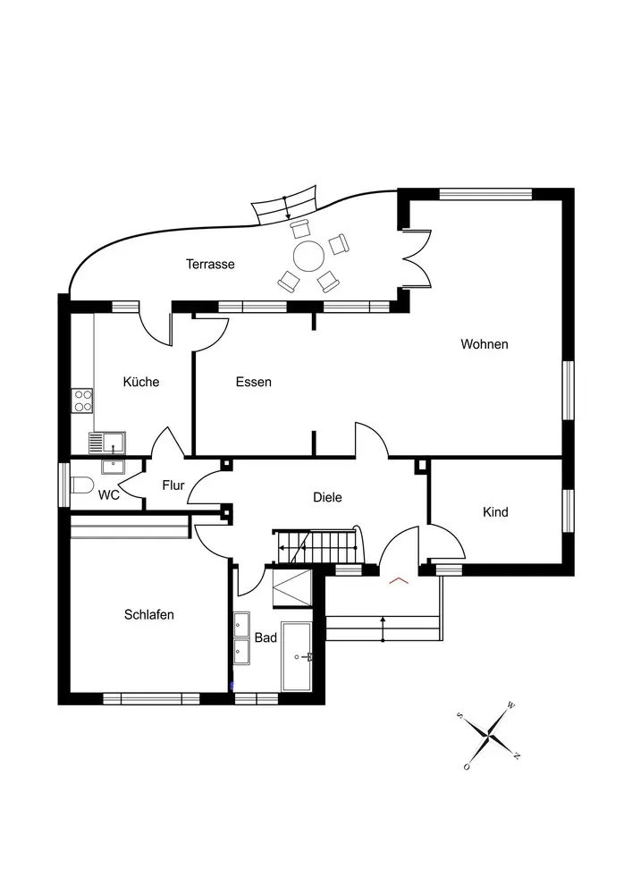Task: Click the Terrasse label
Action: click(210, 264)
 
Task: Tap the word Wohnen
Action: click(485, 344)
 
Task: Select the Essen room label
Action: click(254, 382)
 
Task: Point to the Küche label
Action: click(141, 382)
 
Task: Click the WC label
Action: click(109, 494)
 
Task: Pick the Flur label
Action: click(173, 486)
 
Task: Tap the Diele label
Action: click(327, 498)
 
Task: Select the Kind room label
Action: click(495, 512)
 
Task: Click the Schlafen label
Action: click(149, 615)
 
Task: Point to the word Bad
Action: click(265, 638)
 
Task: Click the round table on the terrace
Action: click(309, 255)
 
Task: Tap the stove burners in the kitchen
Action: click(83, 400)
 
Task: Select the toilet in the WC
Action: click(83, 486)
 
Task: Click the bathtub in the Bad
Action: click(296, 657)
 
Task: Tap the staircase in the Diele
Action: click(317, 546)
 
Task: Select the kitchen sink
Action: click(107, 442)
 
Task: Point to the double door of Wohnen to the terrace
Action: click(417, 258)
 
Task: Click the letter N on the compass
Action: click(517, 756)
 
